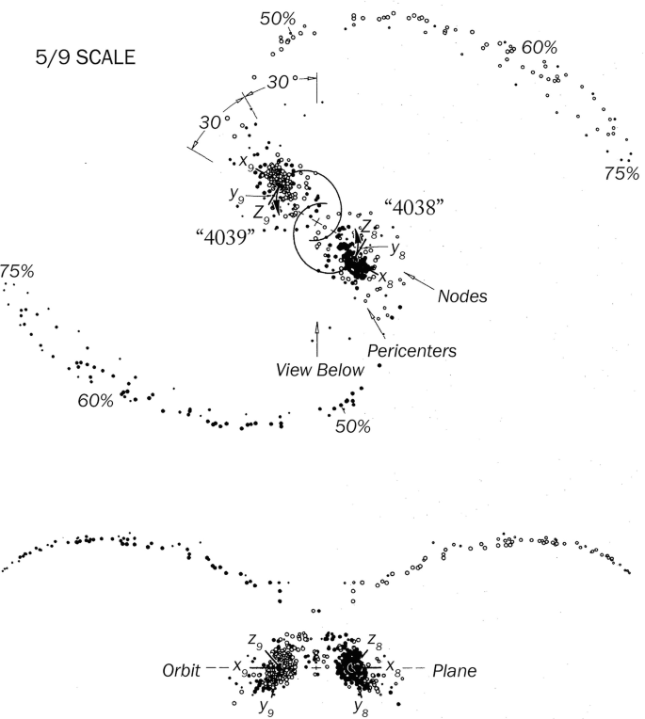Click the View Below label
pos(319,370)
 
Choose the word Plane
pos(455,672)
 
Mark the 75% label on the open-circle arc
pos(621,173)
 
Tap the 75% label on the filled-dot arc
pos(17,272)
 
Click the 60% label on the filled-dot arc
pos(96,400)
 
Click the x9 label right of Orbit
pos(241,670)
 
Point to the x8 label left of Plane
pos(389,667)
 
